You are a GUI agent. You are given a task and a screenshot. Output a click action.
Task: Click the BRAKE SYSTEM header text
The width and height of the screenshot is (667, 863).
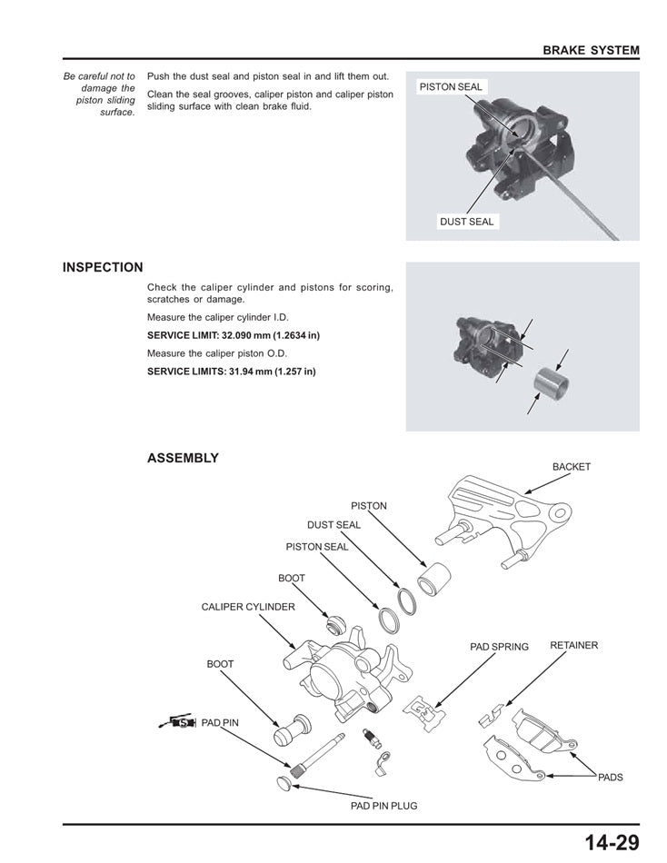591,50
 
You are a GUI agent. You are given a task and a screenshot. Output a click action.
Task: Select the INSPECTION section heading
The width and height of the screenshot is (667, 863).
103,268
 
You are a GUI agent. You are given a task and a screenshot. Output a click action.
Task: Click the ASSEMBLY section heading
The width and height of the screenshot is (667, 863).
183,458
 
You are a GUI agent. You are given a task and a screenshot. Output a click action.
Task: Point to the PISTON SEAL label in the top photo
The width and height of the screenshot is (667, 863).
451,87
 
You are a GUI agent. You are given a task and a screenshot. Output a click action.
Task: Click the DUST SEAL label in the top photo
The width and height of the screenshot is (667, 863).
466,222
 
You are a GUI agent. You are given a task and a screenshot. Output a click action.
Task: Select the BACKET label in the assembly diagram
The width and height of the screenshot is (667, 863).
571,467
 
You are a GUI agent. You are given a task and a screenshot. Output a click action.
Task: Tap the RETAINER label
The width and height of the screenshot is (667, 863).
573,645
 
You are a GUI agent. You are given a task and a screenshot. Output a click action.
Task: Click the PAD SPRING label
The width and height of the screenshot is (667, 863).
499,647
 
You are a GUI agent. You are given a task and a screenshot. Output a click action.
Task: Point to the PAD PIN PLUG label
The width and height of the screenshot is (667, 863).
383,806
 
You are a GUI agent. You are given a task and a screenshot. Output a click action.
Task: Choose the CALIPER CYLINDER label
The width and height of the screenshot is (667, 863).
247,607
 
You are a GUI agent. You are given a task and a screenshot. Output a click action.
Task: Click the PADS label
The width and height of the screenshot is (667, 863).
611,778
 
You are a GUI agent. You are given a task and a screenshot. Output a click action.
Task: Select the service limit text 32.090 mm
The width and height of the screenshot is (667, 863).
234,335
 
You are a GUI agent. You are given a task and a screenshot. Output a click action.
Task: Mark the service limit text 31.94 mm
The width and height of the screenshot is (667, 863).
232,372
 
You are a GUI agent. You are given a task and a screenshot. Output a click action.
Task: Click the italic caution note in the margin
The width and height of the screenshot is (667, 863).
100,94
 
